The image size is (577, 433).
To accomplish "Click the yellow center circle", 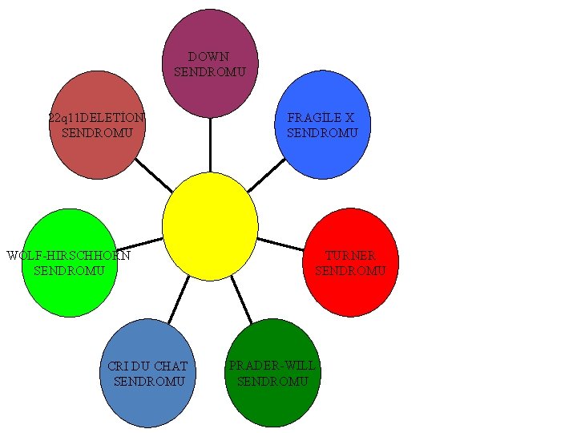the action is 210,226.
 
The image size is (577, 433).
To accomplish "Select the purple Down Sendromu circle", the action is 210,88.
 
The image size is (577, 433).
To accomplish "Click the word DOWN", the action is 208,57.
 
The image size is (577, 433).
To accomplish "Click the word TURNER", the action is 350,256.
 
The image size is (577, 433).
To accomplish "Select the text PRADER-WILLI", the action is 272,366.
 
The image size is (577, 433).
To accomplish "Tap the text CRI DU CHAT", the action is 147,366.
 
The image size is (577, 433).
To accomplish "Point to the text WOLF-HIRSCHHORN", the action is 68,256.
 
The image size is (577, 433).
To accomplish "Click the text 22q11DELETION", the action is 96,118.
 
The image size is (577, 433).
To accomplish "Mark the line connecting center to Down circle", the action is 210,144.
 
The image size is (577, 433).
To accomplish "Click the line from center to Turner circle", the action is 280,244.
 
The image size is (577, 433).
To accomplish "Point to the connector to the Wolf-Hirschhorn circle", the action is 139,243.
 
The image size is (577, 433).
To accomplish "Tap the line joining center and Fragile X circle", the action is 266,175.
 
